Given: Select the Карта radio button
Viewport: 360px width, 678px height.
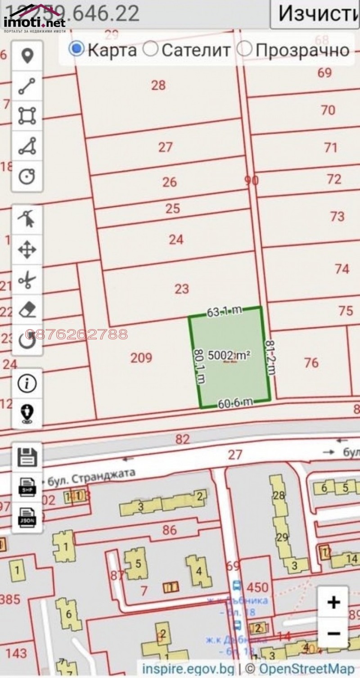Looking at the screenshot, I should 77,49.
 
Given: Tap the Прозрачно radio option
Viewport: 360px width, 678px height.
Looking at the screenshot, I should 244,49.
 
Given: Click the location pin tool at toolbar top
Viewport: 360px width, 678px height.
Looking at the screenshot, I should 27,56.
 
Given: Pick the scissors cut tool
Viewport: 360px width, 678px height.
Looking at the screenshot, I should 27,280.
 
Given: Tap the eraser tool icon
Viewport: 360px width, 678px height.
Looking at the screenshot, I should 27,310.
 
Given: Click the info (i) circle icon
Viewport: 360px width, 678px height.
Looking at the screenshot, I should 27,383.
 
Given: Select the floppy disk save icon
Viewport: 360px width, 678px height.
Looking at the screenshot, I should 27,457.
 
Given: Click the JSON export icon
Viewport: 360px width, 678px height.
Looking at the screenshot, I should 27,516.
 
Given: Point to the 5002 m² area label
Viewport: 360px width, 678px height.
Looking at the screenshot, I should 229,356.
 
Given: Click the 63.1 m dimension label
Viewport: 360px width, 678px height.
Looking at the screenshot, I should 224,311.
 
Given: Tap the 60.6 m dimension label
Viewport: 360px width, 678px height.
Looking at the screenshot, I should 235,403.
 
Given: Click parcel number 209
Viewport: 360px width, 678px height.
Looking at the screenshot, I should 141,358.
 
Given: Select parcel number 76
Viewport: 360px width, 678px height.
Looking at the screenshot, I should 311,362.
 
